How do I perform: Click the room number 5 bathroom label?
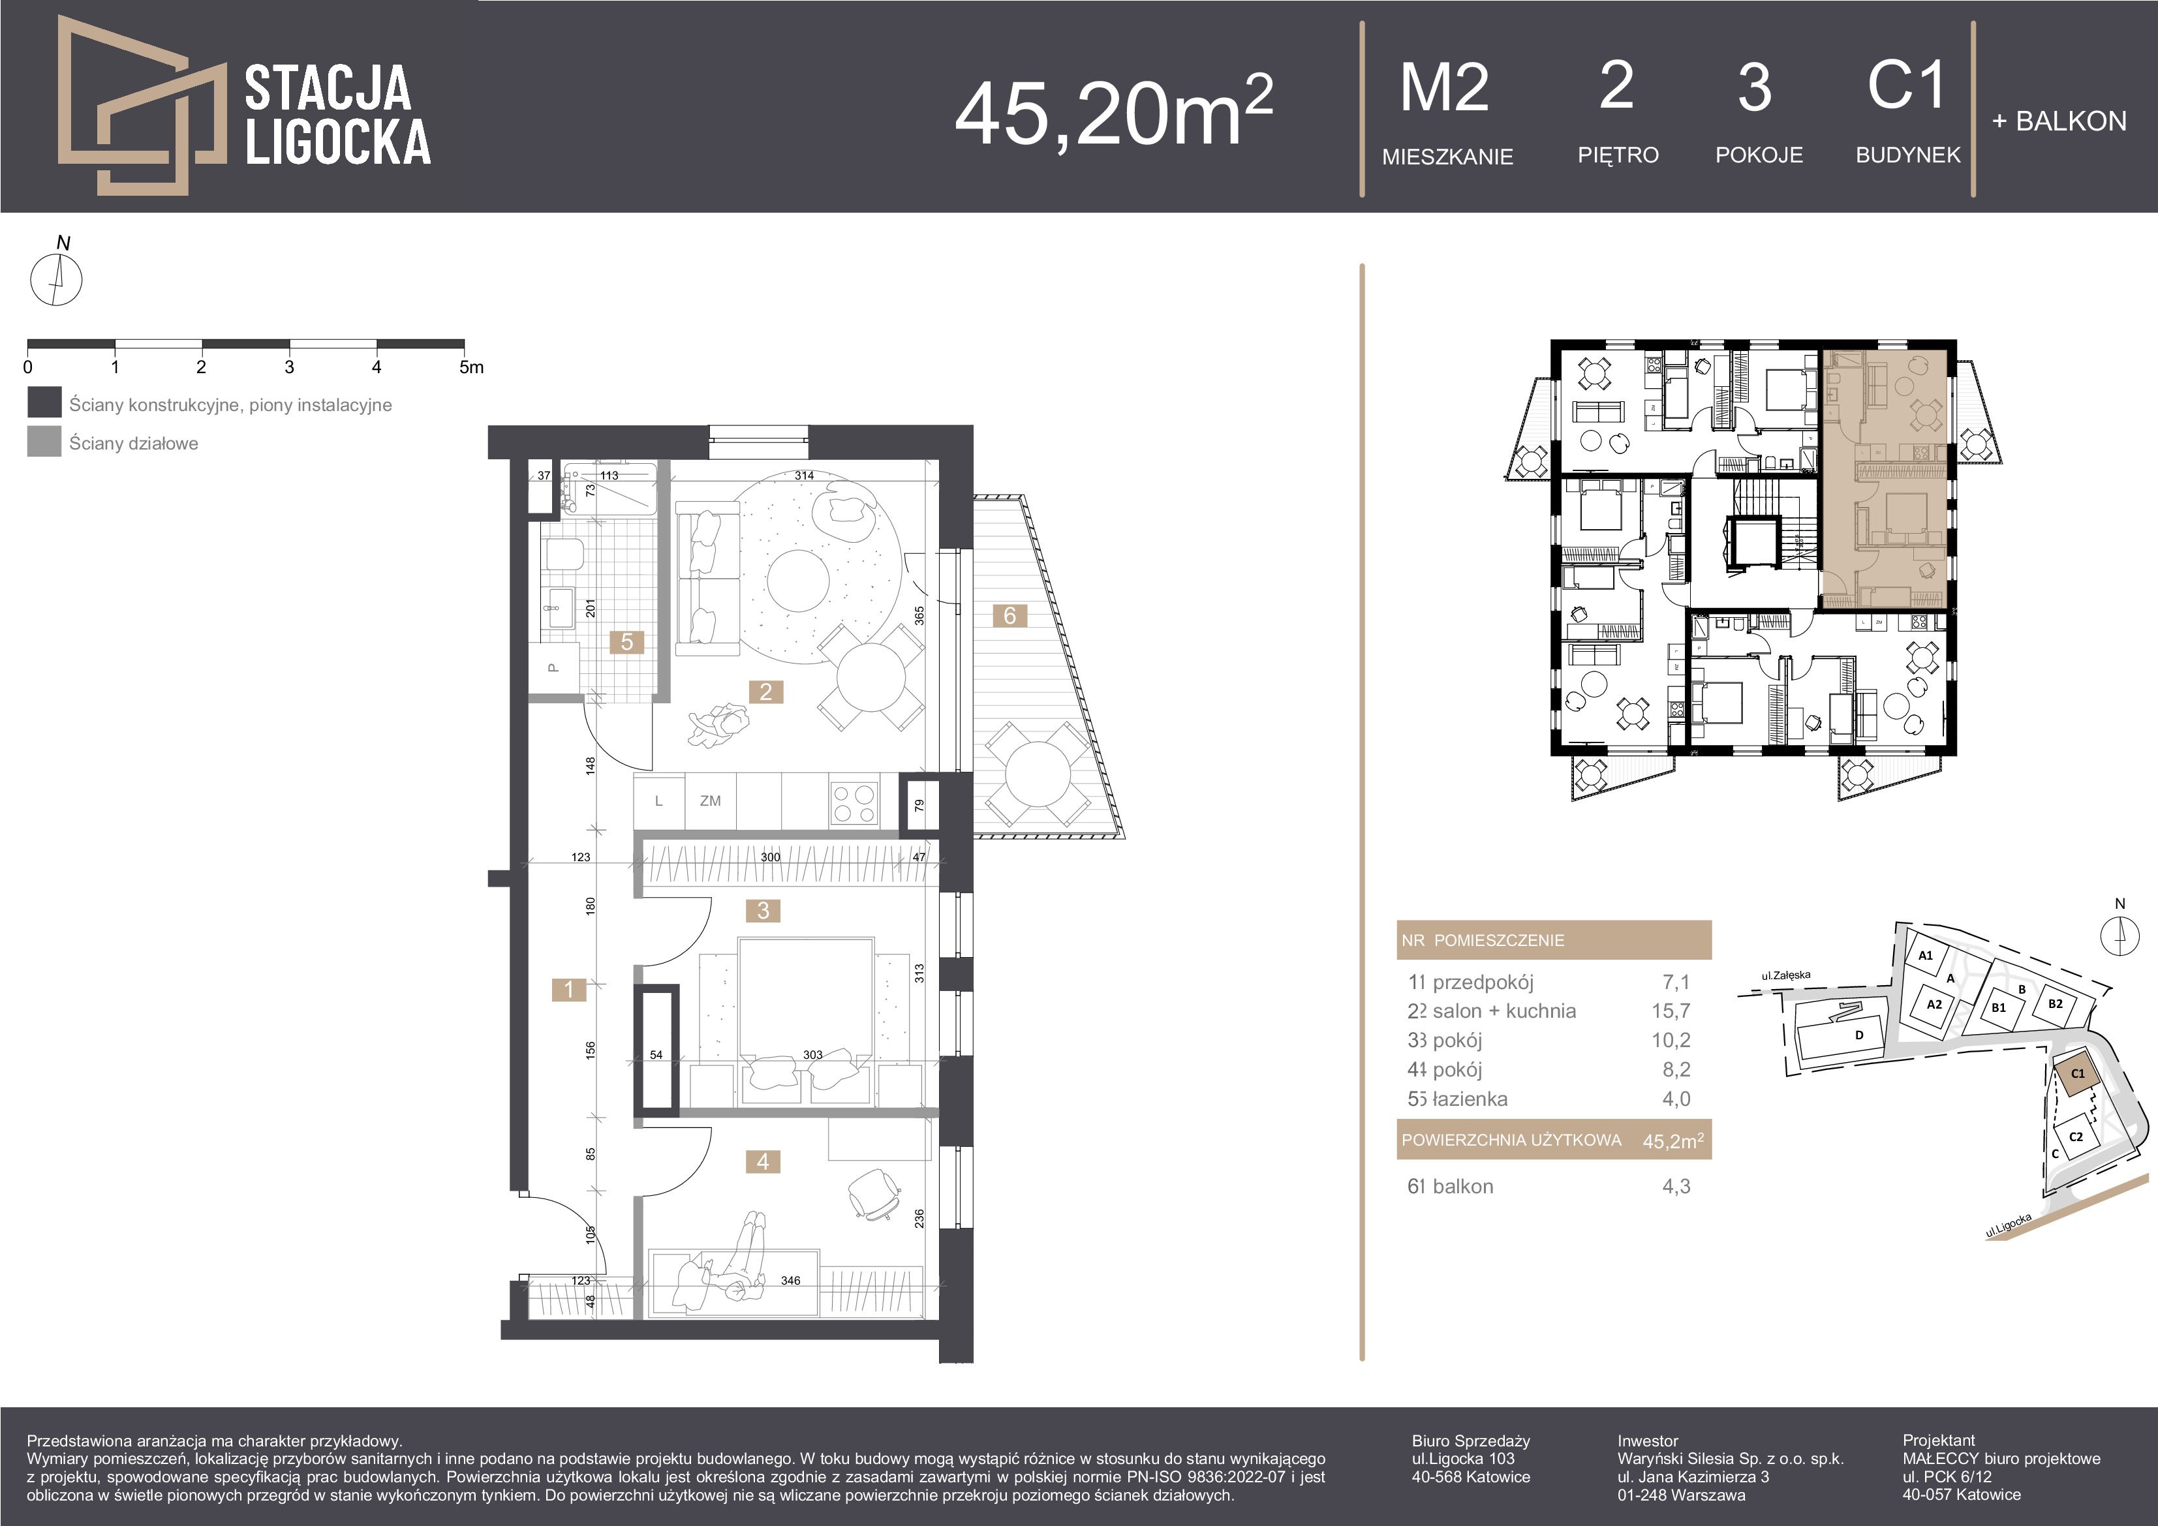point(627,642)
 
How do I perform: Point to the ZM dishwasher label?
point(711,801)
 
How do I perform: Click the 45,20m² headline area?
point(1114,110)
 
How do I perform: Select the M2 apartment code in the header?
point(1445,87)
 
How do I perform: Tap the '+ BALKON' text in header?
point(2058,121)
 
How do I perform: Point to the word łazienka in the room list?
point(1470,1099)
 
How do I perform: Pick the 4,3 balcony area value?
point(1676,1186)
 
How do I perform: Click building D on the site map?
point(1858,1035)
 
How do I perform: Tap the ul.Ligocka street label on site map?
point(2009,1225)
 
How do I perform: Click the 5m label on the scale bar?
point(471,367)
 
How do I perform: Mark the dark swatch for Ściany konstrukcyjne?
point(44,402)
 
